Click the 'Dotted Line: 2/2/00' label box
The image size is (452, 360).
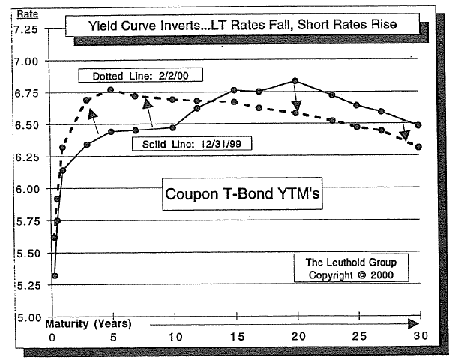coord(142,76)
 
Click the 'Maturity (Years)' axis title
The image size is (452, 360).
coord(88,324)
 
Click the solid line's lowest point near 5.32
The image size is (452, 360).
coord(55,275)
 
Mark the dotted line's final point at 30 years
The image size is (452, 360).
coord(418,147)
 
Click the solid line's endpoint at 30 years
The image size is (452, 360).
coord(418,125)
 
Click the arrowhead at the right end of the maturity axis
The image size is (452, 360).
coord(413,324)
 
